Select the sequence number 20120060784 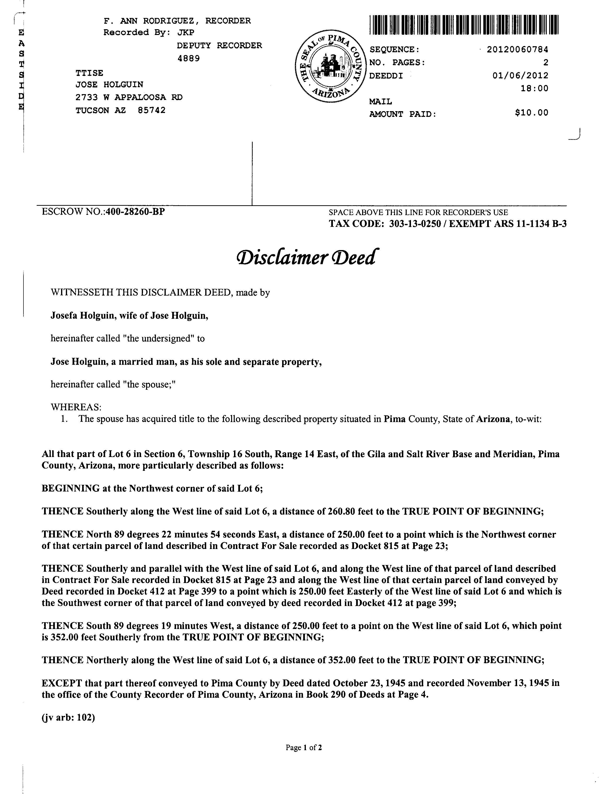[x=517, y=49]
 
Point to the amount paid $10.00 [x=532, y=113]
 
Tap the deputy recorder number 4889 [x=188, y=58]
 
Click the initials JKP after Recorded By [x=186, y=33]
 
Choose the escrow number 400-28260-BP [x=135, y=212]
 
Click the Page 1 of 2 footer [x=304, y=748]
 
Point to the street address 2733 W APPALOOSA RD [x=129, y=97]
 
